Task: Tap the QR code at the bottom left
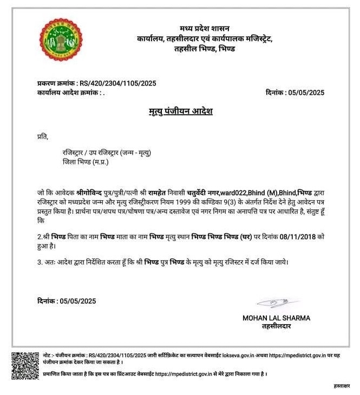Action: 25,365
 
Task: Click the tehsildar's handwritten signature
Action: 277,304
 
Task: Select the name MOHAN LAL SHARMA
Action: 276,318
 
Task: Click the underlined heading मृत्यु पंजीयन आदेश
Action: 180,111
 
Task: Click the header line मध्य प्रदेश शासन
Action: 204,28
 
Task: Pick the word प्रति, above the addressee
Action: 43,137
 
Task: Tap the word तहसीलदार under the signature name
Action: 276,326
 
